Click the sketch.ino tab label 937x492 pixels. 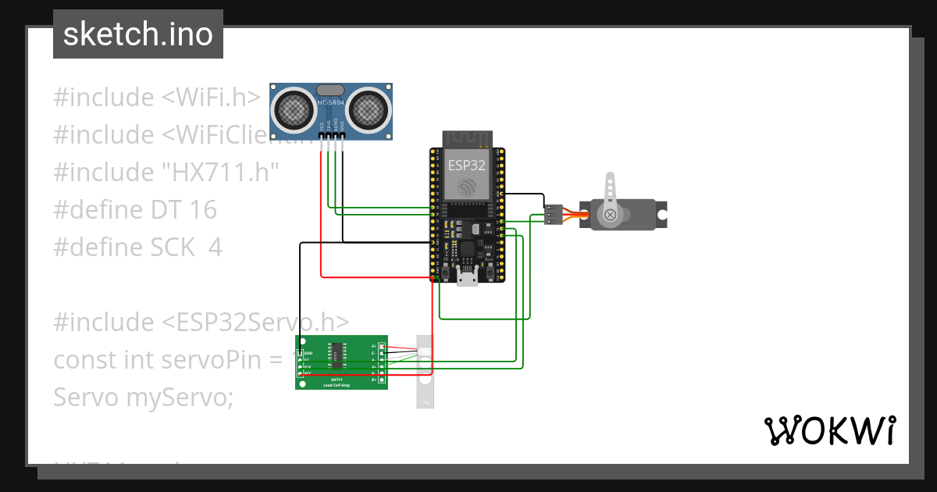point(138,34)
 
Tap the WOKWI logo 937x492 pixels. point(828,430)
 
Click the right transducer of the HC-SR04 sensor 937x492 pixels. point(369,110)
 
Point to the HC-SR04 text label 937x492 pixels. point(331,102)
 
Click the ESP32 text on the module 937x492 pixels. point(467,166)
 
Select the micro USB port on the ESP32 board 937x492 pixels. point(468,277)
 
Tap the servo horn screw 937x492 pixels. point(610,214)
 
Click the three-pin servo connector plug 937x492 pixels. point(554,214)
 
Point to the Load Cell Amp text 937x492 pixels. point(338,384)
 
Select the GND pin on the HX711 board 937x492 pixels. point(300,353)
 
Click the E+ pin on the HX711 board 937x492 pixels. point(381,346)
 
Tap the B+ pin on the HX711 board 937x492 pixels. point(381,380)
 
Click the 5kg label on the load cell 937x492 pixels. point(425,403)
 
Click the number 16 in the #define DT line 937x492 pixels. point(201,209)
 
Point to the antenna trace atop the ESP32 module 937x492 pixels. point(466,141)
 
